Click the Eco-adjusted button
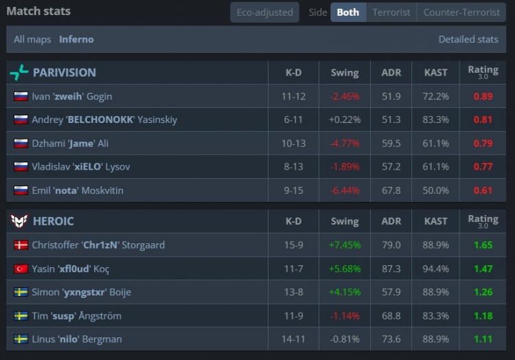[x=264, y=12]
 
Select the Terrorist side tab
[x=391, y=12]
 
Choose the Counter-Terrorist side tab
[x=461, y=12]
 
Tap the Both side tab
[x=347, y=12]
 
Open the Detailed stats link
[x=468, y=39]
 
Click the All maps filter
[x=32, y=39]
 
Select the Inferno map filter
[x=76, y=39]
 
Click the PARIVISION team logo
[x=19, y=72]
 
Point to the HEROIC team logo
[x=19, y=221]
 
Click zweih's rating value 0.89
[x=483, y=96]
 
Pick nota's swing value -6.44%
[x=344, y=190]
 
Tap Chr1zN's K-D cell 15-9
[x=293, y=245]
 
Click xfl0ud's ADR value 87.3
[x=391, y=269]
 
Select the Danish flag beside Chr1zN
[x=21, y=245]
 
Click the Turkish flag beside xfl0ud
[x=21, y=269]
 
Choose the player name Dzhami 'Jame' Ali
[x=70, y=144]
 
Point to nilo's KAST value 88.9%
[x=436, y=339]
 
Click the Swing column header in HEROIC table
[x=344, y=221]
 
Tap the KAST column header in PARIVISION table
[x=436, y=72]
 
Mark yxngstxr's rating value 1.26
[x=483, y=292]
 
